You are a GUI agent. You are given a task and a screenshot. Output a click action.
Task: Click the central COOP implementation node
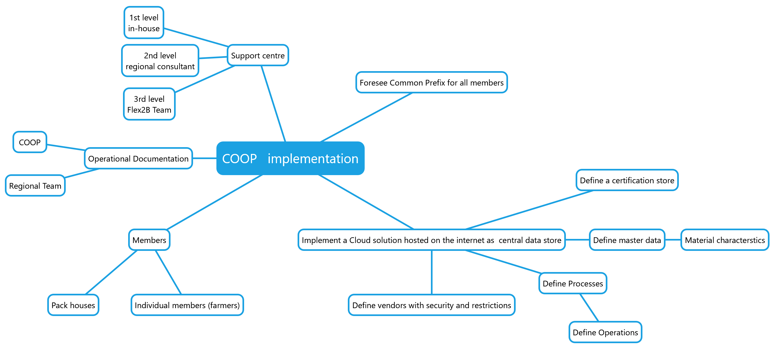290,158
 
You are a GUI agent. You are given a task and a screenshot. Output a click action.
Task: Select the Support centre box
258,55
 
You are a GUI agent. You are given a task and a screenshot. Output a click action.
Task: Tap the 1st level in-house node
144,23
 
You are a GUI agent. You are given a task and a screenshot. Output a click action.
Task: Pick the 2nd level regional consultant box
160,61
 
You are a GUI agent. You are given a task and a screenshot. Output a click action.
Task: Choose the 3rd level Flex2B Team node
149,104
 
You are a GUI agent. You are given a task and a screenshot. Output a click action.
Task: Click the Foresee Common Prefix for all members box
432,82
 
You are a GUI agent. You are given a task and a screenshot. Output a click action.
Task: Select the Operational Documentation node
138,158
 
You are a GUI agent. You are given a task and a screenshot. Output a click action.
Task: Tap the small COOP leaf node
30,142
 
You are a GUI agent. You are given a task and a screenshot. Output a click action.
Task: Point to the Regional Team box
35,185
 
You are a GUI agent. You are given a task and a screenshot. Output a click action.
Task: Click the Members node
149,240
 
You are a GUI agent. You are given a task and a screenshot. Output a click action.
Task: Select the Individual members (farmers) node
187,305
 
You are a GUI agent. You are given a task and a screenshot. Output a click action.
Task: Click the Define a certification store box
627,180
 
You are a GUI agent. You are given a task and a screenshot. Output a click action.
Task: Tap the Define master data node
627,240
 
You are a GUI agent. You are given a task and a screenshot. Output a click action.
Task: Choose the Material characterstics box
725,240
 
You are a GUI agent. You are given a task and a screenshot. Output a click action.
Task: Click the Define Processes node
573,283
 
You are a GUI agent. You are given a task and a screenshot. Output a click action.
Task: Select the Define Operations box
605,332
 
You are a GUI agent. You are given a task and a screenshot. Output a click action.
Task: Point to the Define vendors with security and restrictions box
432,305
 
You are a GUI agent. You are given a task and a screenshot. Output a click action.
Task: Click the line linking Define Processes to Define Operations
589,308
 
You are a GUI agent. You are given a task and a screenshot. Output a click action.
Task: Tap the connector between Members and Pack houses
111,272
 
